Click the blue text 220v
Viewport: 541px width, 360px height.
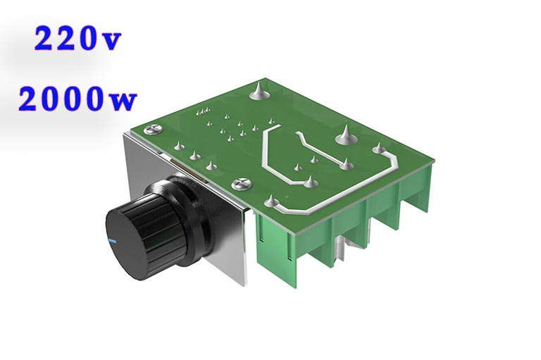pyautogui.click(x=78, y=38)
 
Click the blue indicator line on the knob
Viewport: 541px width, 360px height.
pyautogui.click(x=112, y=240)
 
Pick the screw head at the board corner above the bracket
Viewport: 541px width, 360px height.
pyautogui.click(x=154, y=130)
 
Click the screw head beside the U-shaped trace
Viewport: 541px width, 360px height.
pyautogui.click(x=242, y=184)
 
